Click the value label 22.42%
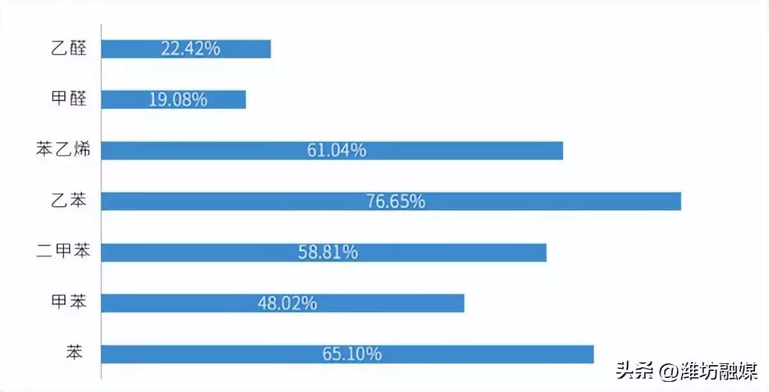pos(190,49)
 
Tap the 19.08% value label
pos(178,99)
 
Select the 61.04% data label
pos(336,151)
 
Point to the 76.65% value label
pos(395,201)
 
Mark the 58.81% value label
pos(327,252)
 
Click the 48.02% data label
pos(287,303)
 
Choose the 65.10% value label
pos(352,354)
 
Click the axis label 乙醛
pos(68,49)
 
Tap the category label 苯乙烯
pos(62,151)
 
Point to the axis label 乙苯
pos(68,201)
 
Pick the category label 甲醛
pos(68,100)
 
